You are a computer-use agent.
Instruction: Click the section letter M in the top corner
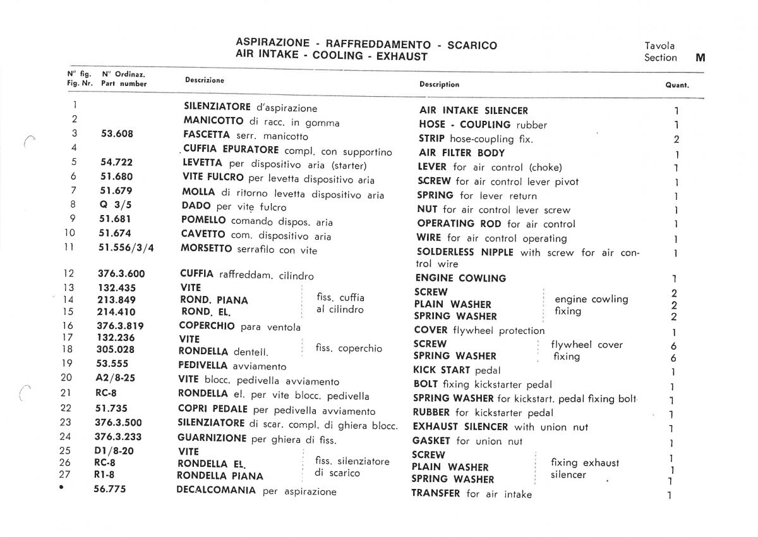pyautogui.click(x=700, y=58)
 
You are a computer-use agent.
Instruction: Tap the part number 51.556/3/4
pyautogui.click(x=126, y=247)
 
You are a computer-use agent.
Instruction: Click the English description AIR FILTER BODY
pyautogui.click(x=462, y=153)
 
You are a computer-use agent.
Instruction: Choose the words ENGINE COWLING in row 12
pyautogui.click(x=460, y=278)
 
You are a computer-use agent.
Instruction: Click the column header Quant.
pyautogui.click(x=677, y=85)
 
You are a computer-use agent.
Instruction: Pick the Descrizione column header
pyautogui.click(x=204, y=80)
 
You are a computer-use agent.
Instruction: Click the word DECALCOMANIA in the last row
pyautogui.click(x=217, y=490)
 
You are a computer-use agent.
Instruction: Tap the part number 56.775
pyautogui.click(x=111, y=489)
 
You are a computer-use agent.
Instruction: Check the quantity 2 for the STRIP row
pyautogui.click(x=676, y=139)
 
